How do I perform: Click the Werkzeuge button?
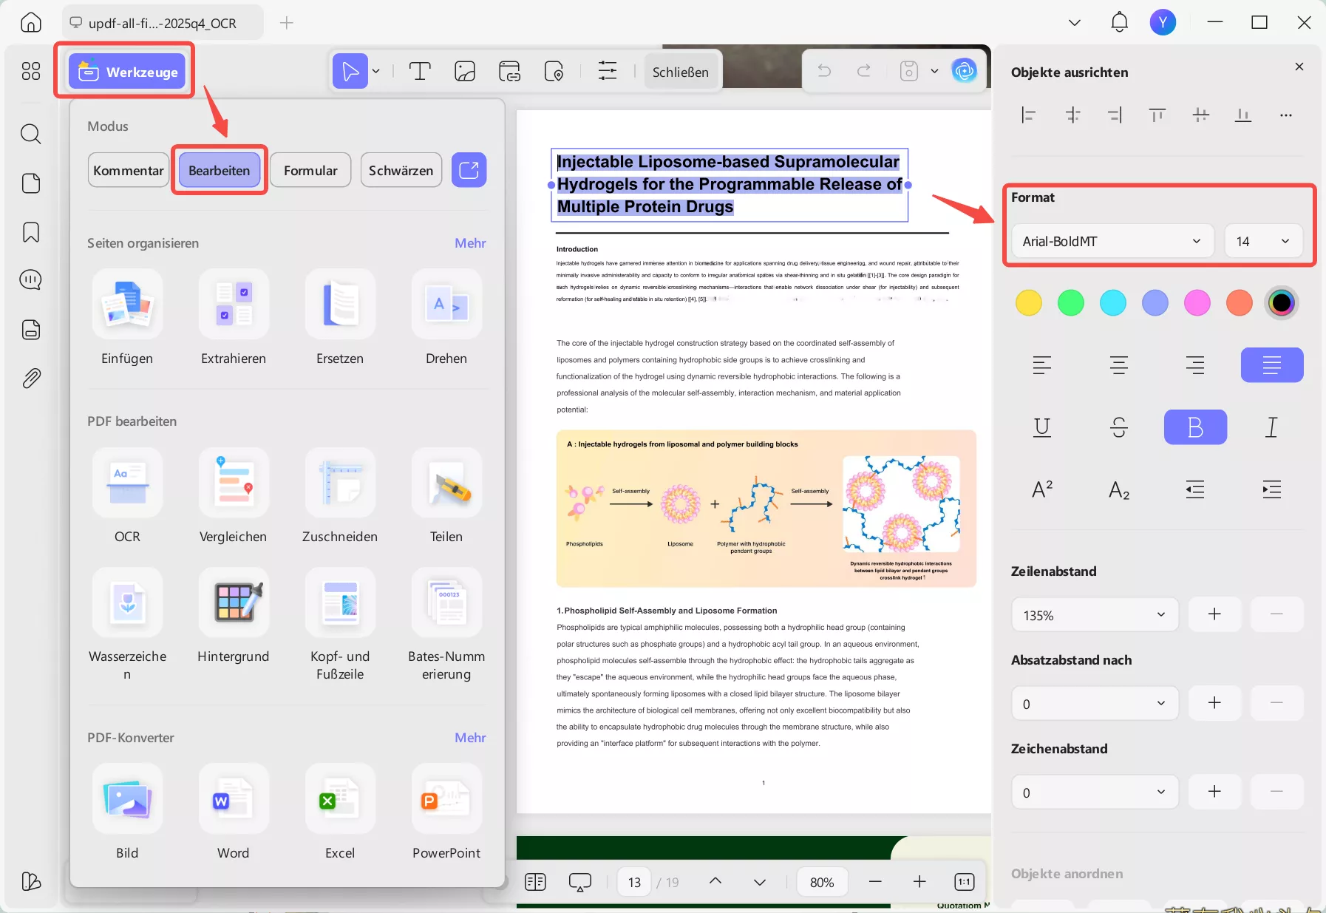[127, 72]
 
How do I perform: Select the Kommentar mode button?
[129, 170]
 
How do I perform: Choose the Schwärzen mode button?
[401, 170]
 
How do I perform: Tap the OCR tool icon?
[127, 483]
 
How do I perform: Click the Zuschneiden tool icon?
[340, 483]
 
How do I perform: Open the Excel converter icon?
[340, 799]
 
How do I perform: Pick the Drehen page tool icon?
[446, 305]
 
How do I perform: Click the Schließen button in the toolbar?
[680, 72]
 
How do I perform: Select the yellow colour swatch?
[1028, 302]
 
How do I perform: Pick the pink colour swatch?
[1197, 302]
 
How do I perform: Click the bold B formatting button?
[1194, 427]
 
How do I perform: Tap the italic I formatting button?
[1271, 427]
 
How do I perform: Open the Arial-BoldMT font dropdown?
[1111, 241]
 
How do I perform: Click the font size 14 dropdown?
[1262, 241]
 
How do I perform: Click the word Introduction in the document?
[577, 249]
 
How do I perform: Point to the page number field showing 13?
[634, 882]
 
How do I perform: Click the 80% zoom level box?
[822, 882]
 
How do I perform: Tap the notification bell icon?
[1119, 22]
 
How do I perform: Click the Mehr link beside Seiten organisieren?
[470, 243]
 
